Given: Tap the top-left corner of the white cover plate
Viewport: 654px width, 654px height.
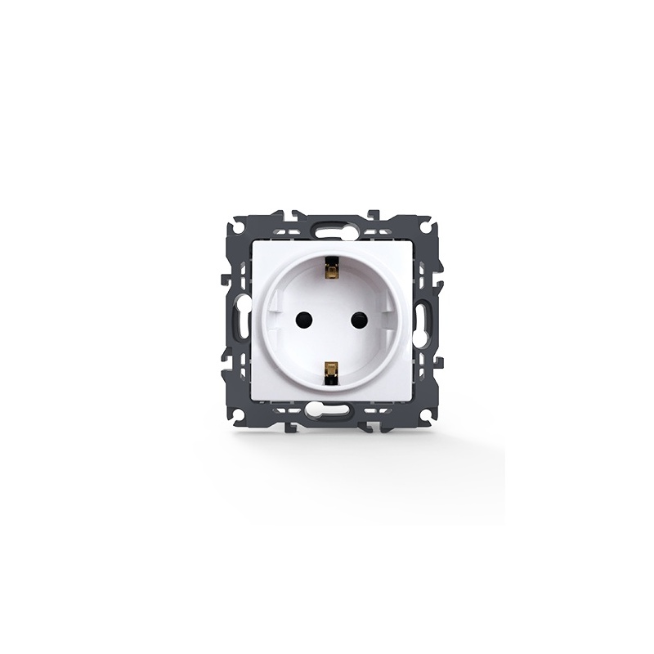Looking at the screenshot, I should click(x=254, y=243).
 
